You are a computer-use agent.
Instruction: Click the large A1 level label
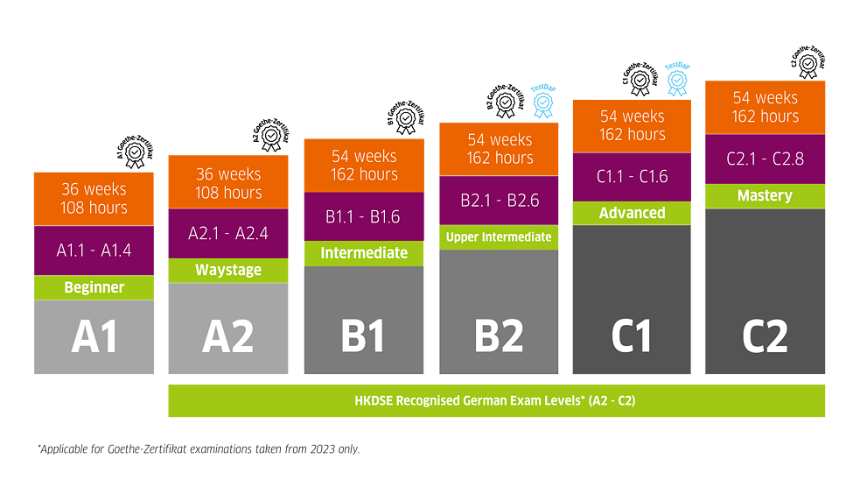point(94,337)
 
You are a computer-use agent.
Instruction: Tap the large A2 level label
point(227,337)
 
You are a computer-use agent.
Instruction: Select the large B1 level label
point(363,337)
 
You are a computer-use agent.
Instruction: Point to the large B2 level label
point(499,337)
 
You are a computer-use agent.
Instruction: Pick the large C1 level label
point(632,337)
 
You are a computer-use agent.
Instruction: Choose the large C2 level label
point(765,337)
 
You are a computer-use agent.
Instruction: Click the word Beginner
point(94,287)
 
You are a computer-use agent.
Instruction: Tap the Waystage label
point(228,270)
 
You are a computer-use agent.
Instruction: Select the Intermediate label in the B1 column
point(364,253)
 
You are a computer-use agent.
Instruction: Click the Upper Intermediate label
point(499,237)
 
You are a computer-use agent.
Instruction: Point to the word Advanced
point(632,213)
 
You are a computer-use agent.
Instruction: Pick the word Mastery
point(765,195)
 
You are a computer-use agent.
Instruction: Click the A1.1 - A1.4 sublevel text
point(94,251)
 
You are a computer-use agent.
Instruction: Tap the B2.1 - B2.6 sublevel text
point(500,201)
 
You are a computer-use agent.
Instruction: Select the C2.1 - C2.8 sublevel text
point(765,159)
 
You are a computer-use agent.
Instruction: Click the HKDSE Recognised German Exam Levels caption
point(496,400)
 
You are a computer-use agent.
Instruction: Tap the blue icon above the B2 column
point(544,101)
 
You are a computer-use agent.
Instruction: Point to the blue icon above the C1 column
point(676,78)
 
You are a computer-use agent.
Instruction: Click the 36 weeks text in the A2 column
point(228,174)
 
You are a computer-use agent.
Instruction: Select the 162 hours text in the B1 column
point(364,174)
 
